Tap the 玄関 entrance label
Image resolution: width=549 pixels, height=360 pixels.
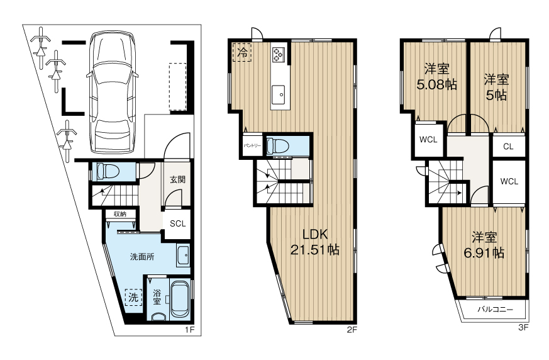(x=177, y=179)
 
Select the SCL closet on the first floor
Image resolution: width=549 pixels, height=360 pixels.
(x=177, y=223)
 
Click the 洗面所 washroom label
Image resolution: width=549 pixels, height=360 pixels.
(x=142, y=257)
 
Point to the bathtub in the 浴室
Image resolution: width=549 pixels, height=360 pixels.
(x=180, y=299)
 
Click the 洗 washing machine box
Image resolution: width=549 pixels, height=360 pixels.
(x=133, y=298)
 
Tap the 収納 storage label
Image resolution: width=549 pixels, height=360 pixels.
(x=120, y=214)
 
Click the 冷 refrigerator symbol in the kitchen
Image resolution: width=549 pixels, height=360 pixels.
(x=242, y=52)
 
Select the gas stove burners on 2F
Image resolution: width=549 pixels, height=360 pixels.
(x=279, y=55)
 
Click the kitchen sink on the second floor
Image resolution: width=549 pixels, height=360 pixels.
(x=280, y=94)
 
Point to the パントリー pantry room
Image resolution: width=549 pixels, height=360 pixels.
(x=252, y=145)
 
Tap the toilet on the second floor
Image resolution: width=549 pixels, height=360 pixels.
(x=277, y=146)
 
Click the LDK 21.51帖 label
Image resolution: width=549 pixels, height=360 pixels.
(x=315, y=242)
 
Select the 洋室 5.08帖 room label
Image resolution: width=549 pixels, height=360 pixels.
(x=436, y=76)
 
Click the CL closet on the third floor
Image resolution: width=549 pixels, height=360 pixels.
(x=508, y=147)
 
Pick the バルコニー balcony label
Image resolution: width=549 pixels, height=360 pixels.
(x=495, y=310)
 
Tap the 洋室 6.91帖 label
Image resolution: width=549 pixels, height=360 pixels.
(x=484, y=245)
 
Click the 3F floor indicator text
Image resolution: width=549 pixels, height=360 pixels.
(x=523, y=328)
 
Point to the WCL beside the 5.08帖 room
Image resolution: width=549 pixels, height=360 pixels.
(x=428, y=140)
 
